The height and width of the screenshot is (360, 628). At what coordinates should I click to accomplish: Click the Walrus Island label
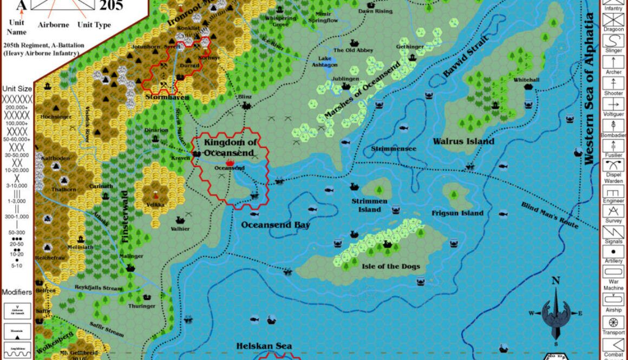point(463,141)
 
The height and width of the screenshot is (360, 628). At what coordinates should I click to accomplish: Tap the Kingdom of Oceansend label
point(228,148)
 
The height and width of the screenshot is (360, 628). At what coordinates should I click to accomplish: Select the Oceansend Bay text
point(276,225)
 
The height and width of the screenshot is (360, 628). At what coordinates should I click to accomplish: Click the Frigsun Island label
point(457,213)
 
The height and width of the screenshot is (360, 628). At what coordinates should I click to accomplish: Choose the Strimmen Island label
point(369,205)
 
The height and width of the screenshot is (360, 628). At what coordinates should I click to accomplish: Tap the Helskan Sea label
point(264,346)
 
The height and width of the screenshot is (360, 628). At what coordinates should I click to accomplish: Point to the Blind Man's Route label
point(549,215)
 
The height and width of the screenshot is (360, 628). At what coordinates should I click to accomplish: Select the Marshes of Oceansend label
point(362,90)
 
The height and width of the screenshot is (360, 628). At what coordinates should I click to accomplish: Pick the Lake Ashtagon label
point(324,61)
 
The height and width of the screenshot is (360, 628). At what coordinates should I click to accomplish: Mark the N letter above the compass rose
point(555,281)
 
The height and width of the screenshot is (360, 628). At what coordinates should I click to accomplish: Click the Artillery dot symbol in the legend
point(613,252)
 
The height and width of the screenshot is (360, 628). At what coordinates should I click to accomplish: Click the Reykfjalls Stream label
point(98,288)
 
